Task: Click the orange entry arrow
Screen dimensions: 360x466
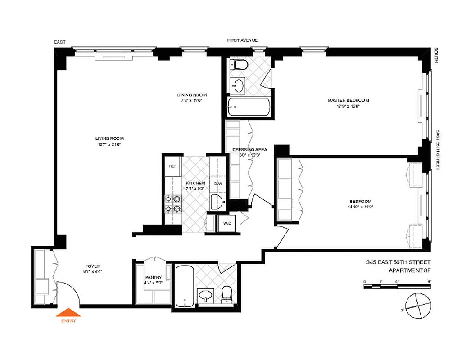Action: [x=68, y=312]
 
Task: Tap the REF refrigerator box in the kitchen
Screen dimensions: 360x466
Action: [x=172, y=166]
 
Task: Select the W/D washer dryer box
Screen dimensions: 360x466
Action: [x=227, y=223]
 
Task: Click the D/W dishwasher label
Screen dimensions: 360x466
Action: [x=218, y=184]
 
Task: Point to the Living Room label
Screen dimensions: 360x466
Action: [x=109, y=138]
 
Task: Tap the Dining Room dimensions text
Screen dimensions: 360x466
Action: [x=192, y=101]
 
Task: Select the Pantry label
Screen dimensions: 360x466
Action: [x=153, y=278]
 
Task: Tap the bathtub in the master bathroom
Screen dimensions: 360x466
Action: [x=249, y=107]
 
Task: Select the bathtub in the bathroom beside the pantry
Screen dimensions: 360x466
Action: [x=184, y=286]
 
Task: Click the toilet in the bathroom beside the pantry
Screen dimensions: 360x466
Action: [x=226, y=294]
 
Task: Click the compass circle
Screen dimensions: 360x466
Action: [x=418, y=306]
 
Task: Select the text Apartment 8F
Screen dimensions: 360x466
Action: [x=409, y=270]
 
